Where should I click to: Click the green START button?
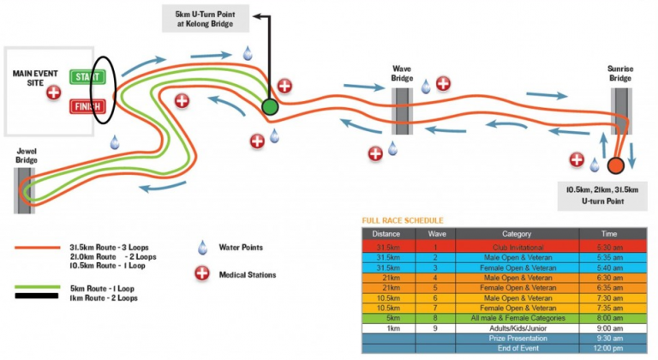pos(86,78)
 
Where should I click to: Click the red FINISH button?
pos(87,106)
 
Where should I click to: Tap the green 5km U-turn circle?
pos(270,106)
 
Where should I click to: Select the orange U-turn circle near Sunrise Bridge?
pos(615,166)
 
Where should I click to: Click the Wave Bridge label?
pos(403,74)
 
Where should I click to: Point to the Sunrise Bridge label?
pos(620,74)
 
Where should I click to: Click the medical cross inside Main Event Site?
pos(54,91)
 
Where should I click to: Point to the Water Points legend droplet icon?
pos(202,249)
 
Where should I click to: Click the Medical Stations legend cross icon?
pos(203,274)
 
